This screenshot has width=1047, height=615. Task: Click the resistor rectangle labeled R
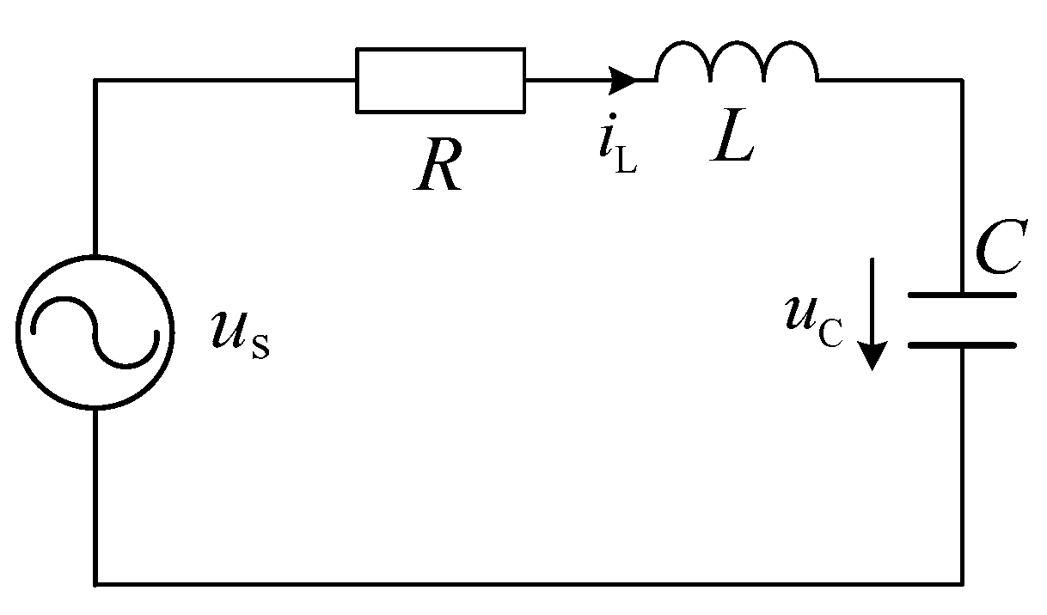pyautogui.click(x=440, y=81)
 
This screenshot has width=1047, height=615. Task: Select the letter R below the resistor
pyautogui.click(x=440, y=167)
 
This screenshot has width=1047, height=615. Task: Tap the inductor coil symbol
pyautogui.click(x=737, y=62)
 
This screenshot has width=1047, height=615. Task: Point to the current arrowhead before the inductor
pyautogui.click(x=623, y=81)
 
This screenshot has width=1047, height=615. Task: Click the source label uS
pyautogui.click(x=240, y=333)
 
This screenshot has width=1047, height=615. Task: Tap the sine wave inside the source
pyautogui.click(x=95, y=332)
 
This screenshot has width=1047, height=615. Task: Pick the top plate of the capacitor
pyautogui.click(x=962, y=295)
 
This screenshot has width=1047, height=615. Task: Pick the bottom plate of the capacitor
pyautogui.click(x=962, y=345)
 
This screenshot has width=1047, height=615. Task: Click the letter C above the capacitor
pyautogui.click(x=1000, y=252)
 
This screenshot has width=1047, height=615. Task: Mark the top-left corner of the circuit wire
pyautogui.click(x=95, y=81)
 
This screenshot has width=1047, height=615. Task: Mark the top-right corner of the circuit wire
pyautogui.click(x=962, y=81)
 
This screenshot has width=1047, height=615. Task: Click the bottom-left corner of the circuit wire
pyautogui.click(x=95, y=584)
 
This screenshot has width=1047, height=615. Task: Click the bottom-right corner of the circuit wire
pyautogui.click(x=962, y=584)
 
